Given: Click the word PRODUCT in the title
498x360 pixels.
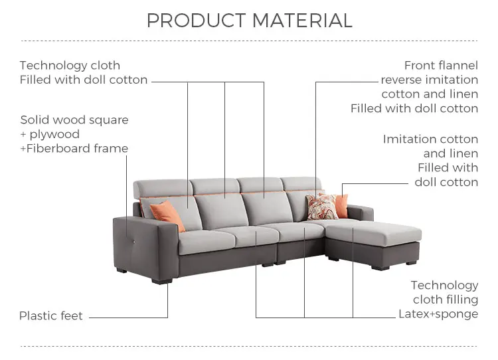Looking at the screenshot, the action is [187, 21].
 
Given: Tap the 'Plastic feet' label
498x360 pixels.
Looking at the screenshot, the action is [51, 316].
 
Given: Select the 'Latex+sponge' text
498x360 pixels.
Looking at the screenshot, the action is [438, 314].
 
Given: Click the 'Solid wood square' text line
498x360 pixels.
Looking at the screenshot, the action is [74, 120].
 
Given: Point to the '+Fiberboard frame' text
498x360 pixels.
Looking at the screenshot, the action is [74, 148].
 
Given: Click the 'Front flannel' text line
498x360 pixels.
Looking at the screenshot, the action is [441, 65].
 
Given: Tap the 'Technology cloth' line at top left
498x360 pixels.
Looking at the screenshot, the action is [70, 65].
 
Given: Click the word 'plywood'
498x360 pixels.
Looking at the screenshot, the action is [54, 134].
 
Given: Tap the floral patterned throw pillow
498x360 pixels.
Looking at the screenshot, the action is [322, 207].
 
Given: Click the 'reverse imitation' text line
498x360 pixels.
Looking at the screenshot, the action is [429, 80].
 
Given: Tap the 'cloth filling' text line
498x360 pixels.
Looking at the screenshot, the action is [445, 300].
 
